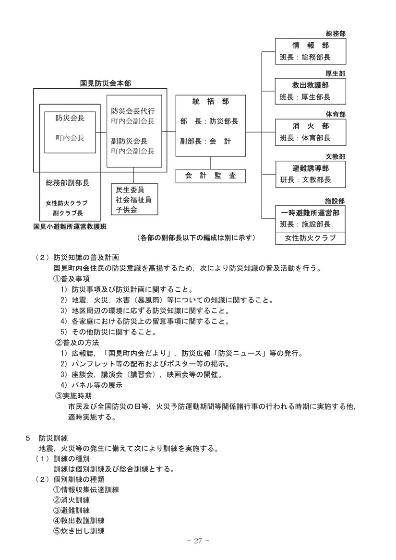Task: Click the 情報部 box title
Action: [310, 46]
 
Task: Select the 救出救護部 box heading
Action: [310, 85]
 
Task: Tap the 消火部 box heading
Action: [310, 126]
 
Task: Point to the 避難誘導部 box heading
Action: [310, 168]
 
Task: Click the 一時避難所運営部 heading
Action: [310, 213]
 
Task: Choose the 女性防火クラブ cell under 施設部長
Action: [310, 238]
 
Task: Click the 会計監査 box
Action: [211, 176]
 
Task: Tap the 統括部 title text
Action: [211, 102]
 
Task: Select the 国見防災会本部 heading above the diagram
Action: [106, 83]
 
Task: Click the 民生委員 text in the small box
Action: [130, 190]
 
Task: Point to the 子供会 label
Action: [126, 210]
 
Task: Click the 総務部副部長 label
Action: [67, 183]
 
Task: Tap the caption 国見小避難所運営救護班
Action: [70, 226]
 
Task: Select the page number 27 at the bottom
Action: [198, 541]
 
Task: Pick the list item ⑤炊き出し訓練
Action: [79, 531]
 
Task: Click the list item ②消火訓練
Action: [72, 500]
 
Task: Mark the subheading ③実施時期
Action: [73, 396]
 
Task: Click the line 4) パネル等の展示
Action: [92, 385]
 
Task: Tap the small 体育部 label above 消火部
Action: [335, 114]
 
